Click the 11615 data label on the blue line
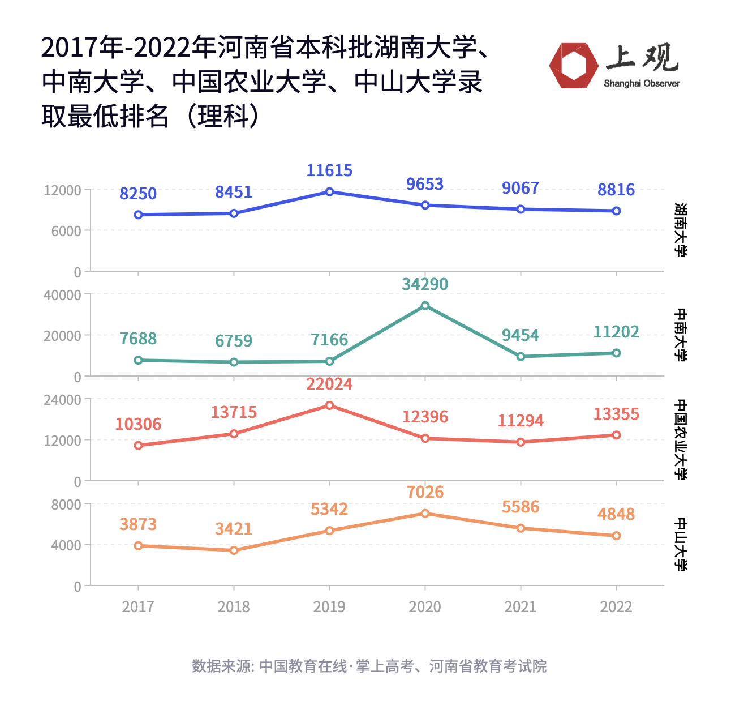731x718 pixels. [x=329, y=170]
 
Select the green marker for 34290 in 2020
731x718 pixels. [x=425, y=306]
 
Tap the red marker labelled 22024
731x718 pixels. [x=329, y=405]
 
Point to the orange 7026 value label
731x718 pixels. [x=425, y=492]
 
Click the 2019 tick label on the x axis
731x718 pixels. [x=329, y=607]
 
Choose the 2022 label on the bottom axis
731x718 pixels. [x=616, y=607]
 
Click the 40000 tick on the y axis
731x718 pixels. [x=62, y=295]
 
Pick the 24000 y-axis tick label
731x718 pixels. [x=62, y=400]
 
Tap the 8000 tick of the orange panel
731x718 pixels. [x=66, y=505]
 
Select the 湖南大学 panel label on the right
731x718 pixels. [x=681, y=230]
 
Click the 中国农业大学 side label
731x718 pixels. [x=681, y=439]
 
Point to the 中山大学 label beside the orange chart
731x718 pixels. [x=681, y=544]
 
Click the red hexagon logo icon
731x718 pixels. [x=573, y=66]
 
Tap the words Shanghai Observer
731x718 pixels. [x=642, y=84]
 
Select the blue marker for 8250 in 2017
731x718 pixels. [x=139, y=215]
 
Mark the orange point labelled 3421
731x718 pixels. [x=234, y=550]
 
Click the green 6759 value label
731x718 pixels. [x=234, y=341]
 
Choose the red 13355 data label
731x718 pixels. [x=616, y=414]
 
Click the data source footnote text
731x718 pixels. [x=369, y=666]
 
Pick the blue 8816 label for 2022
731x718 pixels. [x=616, y=190]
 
